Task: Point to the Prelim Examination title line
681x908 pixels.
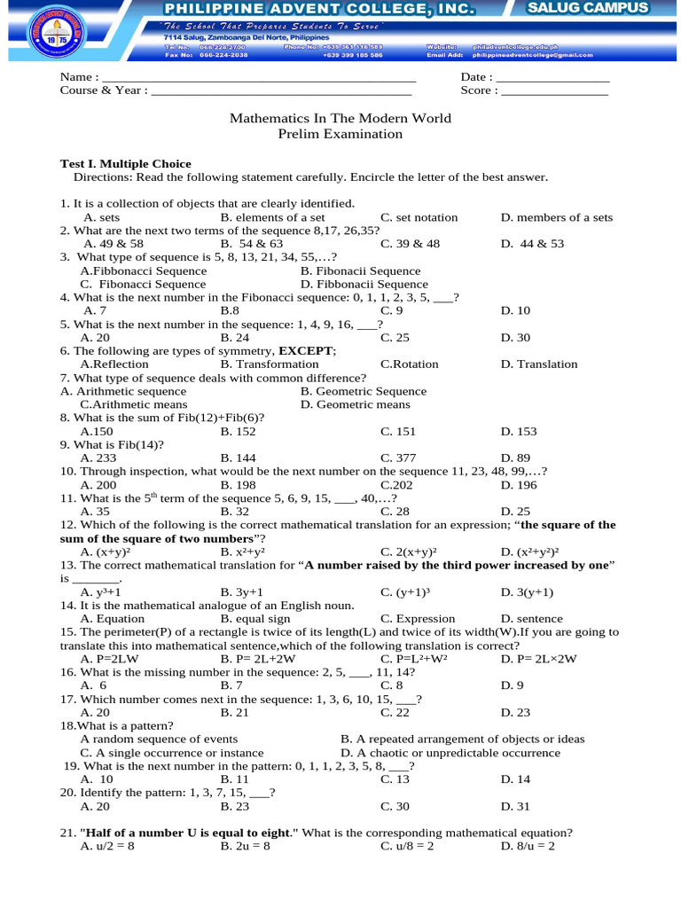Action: pyautogui.click(x=340, y=134)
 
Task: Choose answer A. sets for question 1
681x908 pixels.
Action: pyautogui.click(x=102, y=217)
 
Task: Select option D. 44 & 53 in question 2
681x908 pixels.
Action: pyautogui.click(x=532, y=243)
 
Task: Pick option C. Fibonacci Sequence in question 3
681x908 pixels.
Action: pyautogui.click(x=143, y=284)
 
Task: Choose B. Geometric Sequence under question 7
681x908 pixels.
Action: pyautogui.click(x=363, y=391)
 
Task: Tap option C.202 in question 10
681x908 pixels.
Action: pyautogui.click(x=396, y=485)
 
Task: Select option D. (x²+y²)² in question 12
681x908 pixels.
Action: pyautogui.click(x=532, y=552)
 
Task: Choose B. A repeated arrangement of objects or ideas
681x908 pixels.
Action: pyautogui.click(x=462, y=739)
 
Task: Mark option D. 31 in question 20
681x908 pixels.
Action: pyautogui.click(x=515, y=806)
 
